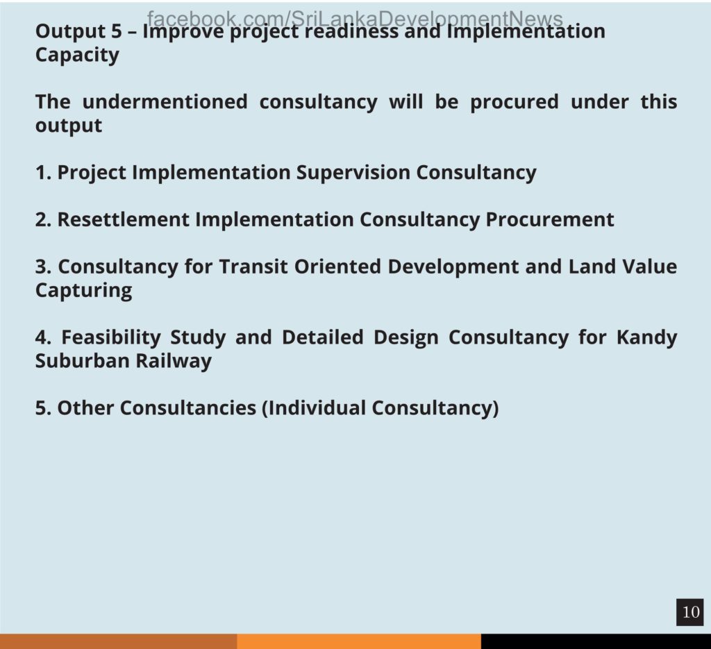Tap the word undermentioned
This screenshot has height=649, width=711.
pyautogui.click(x=165, y=101)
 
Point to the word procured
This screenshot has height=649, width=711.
pyautogui.click(x=515, y=103)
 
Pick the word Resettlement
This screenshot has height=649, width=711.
pyautogui.click(x=124, y=219)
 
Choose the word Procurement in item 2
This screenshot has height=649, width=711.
pyautogui.click(x=550, y=219)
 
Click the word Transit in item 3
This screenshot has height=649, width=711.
pyautogui.click(x=253, y=267)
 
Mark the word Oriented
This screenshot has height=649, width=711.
pyautogui.click(x=338, y=267)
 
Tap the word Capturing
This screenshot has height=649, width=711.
pyautogui.click(x=84, y=291)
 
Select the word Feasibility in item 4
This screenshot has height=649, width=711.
pyautogui.click(x=111, y=338)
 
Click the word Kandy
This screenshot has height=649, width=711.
pyautogui.click(x=646, y=338)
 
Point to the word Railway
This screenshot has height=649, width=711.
pyautogui.click(x=174, y=362)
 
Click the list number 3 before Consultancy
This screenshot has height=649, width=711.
pyautogui.click(x=43, y=267)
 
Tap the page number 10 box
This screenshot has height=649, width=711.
pyautogui.click(x=690, y=612)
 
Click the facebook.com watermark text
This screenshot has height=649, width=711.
pyautogui.click(x=355, y=19)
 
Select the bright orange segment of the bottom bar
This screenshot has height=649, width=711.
pyautogui.click(x=359, y=641)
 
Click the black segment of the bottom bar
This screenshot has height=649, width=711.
pyautogui.click(x=596, y=641)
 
